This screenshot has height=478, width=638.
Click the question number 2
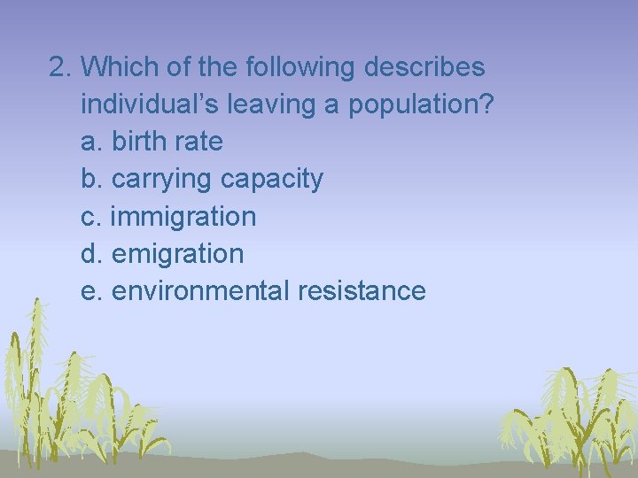59,67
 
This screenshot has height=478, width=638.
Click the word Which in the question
124,67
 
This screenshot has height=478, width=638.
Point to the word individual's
151,104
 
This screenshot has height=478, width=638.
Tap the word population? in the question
421,105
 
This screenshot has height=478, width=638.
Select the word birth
143,142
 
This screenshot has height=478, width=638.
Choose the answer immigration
183,217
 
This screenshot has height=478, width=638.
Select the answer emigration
177,254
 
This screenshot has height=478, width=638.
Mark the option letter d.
90,254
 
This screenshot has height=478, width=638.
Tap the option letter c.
89,217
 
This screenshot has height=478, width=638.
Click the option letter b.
90,180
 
